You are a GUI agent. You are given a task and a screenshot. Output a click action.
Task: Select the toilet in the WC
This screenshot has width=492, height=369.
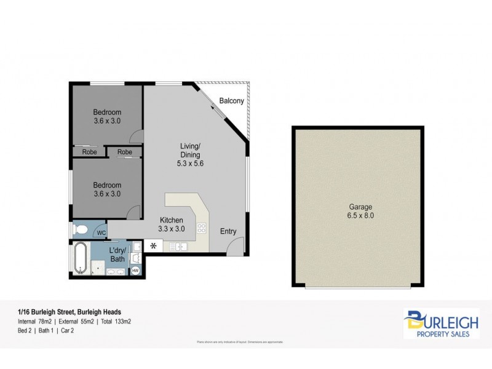[x=80, y=230]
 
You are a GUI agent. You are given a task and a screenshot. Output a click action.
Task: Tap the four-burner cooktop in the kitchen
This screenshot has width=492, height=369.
[x=201, y=229]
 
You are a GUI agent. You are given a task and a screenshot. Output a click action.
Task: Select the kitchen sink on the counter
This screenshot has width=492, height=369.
[x=178, y=247]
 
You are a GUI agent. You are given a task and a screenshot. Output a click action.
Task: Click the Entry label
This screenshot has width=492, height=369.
[x=228, y=231]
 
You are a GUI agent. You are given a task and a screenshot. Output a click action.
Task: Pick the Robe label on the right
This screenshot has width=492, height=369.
[x=124, y=152]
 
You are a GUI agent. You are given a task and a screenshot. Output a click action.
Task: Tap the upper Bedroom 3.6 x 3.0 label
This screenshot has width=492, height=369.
[x=107, y=116]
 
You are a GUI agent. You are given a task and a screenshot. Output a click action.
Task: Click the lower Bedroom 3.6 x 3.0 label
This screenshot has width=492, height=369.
[x=107, y=189]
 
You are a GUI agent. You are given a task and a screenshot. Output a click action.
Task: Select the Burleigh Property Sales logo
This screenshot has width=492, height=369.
[x=441, y=324]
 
